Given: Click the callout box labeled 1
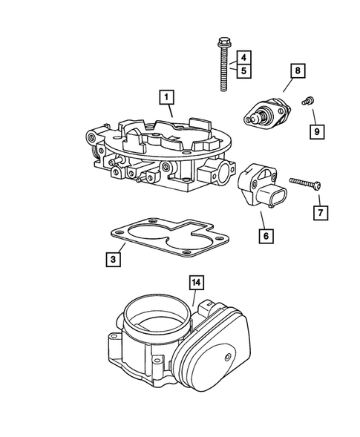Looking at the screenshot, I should (x=167, y=96).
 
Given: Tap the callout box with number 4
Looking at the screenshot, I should (x=243, y=57).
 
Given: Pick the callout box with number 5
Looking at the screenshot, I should (x=243, y=70).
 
